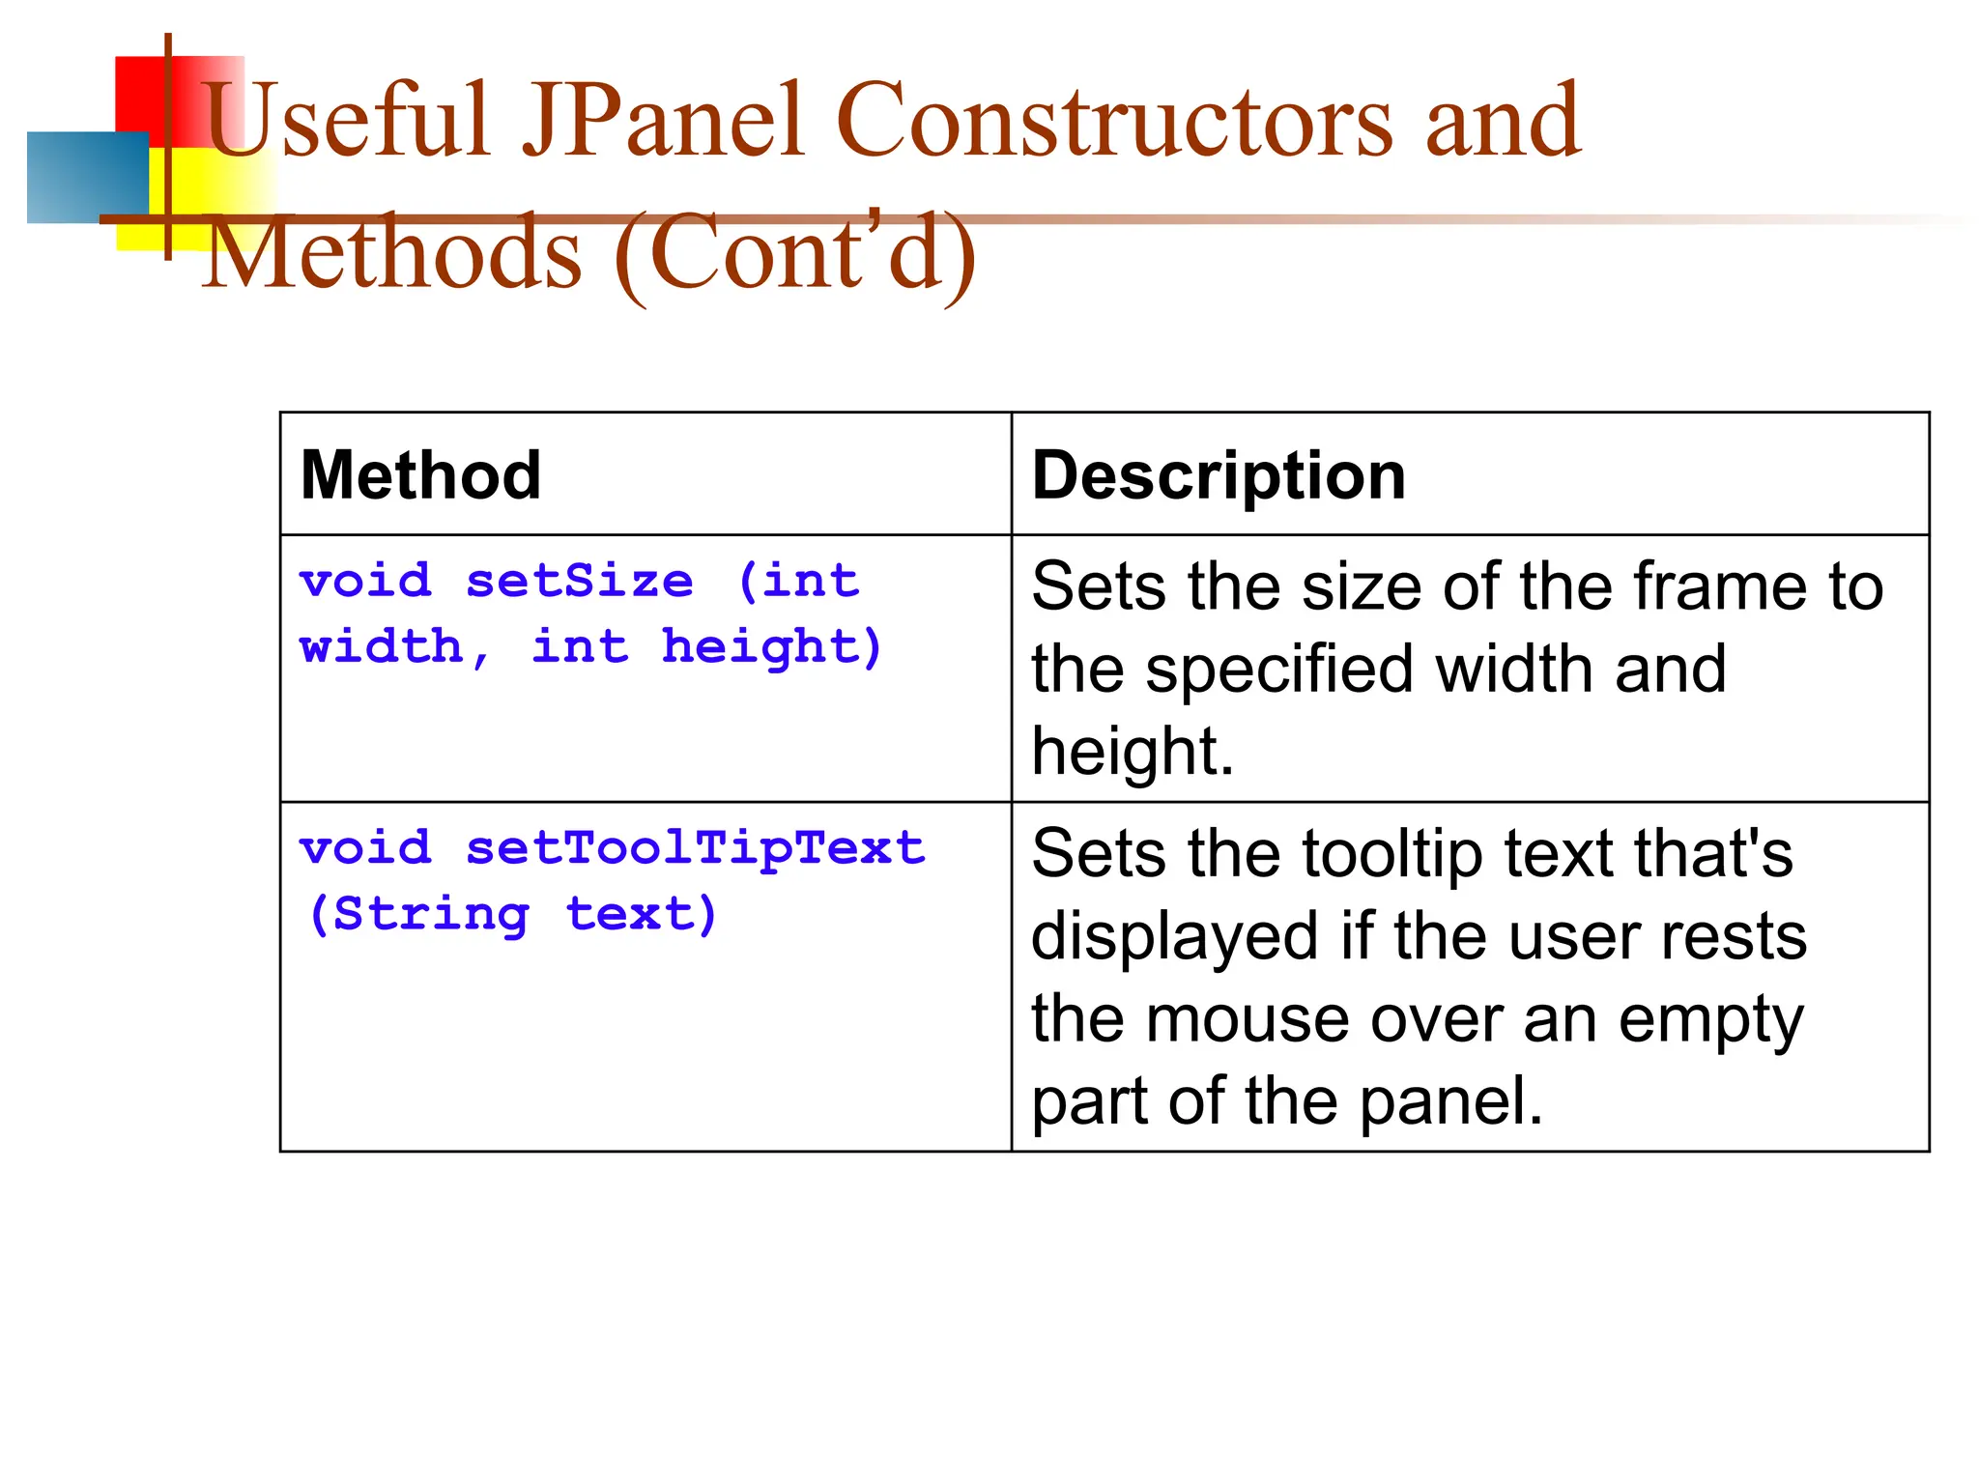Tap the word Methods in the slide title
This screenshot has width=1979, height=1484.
(x=394, y=253)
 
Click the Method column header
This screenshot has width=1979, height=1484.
(x=420, y=475)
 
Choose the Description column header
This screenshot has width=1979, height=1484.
(x=1219, y=475)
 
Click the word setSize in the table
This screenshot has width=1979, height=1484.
(x=580, y=582)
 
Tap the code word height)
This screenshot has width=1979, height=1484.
(x=772, y=646)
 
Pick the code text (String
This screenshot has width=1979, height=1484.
(x=418, y=914)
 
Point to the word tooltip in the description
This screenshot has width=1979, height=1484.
(x=1392, y=854)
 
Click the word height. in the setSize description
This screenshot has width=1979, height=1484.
(x=1133, y=752)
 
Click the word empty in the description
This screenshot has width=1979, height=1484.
(x=1710, y=1021)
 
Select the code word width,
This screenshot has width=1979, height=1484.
(x=394, y=646)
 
